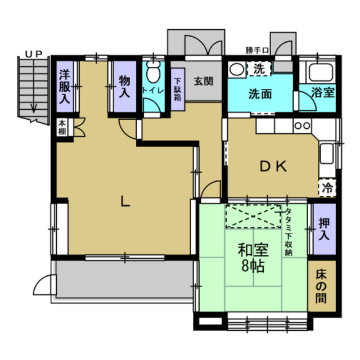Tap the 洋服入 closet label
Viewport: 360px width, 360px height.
(x=65, y=85)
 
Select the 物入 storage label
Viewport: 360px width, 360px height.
(x=124, y=85)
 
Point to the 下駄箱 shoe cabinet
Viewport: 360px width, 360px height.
(x=177, y=89)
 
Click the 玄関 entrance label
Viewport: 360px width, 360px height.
(x=204, y=80)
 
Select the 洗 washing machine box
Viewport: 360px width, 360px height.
(x=259, y=69)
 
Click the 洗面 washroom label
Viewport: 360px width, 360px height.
(x=260, y=93)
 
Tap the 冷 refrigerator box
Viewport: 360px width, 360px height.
(x=326, y=187)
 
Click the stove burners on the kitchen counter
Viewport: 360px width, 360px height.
(x=302, y=125)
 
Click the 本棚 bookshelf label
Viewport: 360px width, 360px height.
(x=61, y=127)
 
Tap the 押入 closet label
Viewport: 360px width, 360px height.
(x=323, y=229)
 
